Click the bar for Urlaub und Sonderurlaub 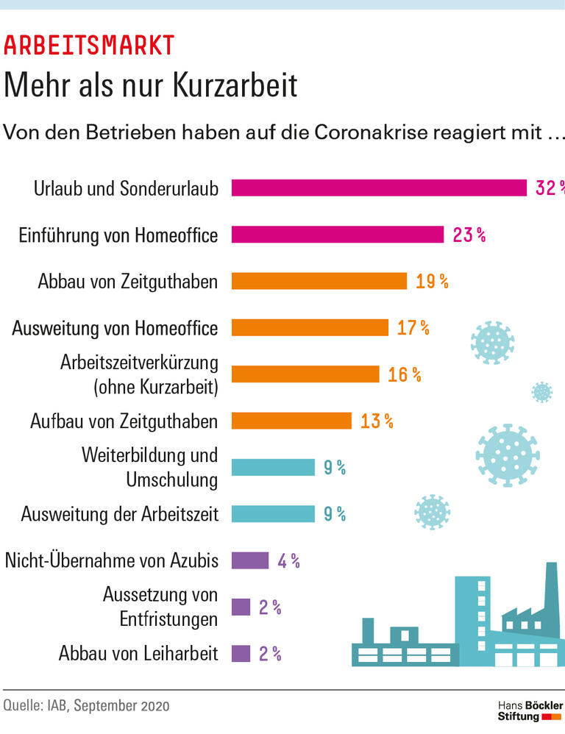[x=379, y=188]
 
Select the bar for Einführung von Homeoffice [x=338, y=235]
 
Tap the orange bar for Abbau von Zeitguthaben [x=319, y=281]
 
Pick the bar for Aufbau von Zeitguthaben [x=291, y=421]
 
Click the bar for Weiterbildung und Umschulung [x=273, y=467]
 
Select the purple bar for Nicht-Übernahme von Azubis [x=250, y=560]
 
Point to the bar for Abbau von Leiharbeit [x=241, y=654]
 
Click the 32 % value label [x=549, y=188]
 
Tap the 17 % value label [x=413, y=328]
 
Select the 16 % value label [x=405, y=374]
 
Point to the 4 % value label [x=288, y=560]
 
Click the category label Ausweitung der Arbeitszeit [x=120, y=514]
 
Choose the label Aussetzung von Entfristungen [x=160, y=607]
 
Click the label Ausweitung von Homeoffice [x=115, y=328]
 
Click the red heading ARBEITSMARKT [x=89, y=46]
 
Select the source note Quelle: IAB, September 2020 [x=86, y=706]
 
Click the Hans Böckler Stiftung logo [x=530, y=710]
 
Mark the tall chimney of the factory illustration [x=550, y=592]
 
